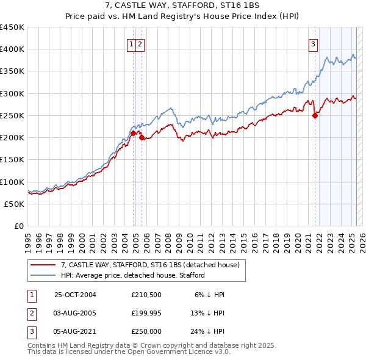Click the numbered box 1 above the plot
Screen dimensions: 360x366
(131, 44)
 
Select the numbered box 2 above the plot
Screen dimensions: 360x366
(140, 44)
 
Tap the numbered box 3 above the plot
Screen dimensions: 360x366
(313, 44)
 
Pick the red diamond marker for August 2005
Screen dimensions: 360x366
(142, 137)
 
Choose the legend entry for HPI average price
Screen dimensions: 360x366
(133, 275)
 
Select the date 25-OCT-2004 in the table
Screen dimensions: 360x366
(75, 295)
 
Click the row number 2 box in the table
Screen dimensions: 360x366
(31, 313)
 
